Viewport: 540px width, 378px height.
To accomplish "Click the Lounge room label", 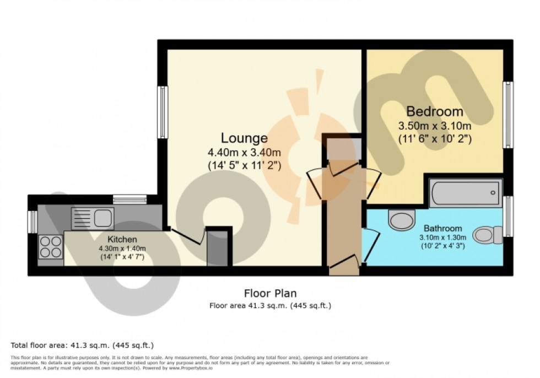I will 244,138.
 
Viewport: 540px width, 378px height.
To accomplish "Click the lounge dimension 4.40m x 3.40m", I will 244,153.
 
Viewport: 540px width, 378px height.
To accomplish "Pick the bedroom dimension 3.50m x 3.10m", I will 434,126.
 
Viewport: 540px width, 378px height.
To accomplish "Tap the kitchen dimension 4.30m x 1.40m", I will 122,249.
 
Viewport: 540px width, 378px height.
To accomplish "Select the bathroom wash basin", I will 402,220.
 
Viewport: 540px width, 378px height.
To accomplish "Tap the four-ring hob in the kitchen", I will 51,246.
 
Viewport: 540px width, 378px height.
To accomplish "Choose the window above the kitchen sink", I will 130,199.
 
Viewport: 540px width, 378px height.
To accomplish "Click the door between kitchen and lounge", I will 186,236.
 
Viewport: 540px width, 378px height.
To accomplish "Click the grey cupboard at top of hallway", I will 343,149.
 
